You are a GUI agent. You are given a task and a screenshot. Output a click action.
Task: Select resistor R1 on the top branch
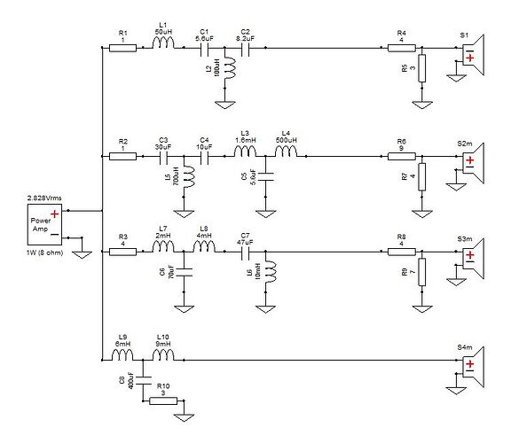[x=122, y=50]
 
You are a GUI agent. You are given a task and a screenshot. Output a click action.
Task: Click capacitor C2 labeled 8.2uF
[x=244, y=50]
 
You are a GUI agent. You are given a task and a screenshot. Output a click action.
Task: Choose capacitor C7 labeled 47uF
[x=244, y=252]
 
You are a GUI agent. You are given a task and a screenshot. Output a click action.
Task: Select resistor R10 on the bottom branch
[x=162, y=400]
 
